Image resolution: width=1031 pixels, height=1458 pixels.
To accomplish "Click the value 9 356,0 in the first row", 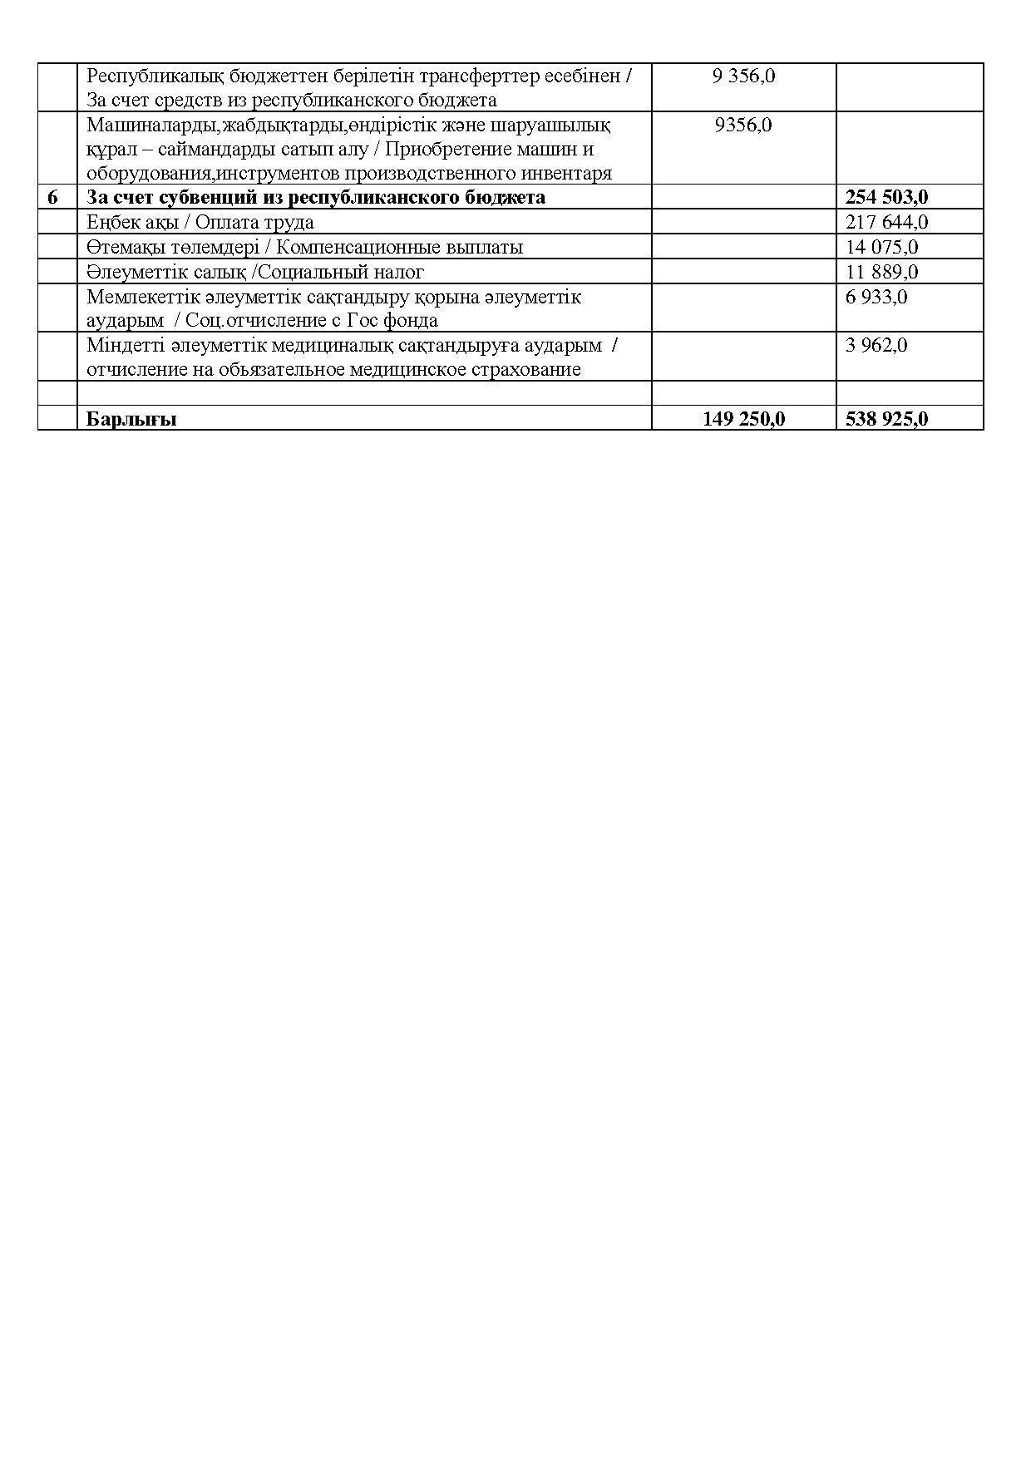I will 743,76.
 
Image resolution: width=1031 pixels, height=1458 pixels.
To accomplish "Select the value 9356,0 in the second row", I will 743,126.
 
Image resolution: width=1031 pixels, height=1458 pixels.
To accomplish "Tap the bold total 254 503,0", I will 886,198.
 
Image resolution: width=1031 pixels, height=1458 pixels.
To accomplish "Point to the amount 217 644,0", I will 886,223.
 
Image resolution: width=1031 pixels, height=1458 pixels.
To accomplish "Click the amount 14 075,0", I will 881,248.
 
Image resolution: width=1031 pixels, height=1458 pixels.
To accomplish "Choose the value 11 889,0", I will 881,273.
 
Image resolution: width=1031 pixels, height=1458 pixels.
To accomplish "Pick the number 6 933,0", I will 876,297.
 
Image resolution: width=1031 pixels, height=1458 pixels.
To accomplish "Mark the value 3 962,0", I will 876,345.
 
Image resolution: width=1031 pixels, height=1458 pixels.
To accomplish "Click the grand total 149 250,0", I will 743,419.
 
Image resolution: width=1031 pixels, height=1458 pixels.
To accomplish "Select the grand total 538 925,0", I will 886,419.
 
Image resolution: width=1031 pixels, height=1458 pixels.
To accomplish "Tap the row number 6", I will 53,198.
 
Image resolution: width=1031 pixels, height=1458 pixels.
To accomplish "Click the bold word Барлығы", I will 131,419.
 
